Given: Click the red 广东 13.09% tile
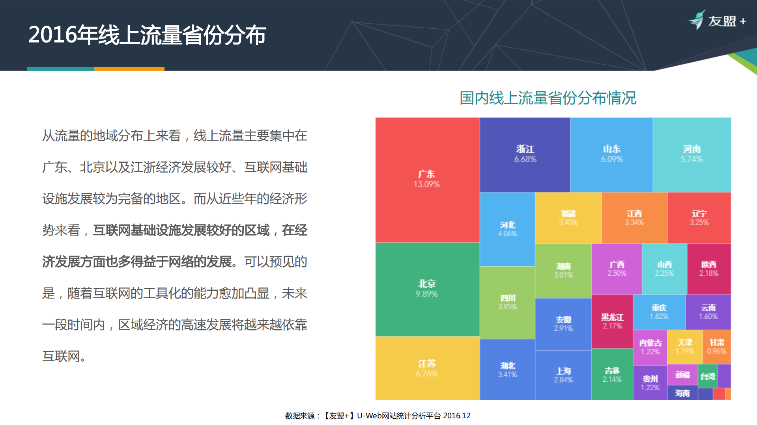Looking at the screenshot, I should click(x=427, y=180).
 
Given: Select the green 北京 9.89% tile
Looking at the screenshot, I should click(x=427, y=289).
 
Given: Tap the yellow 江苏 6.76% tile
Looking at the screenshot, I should click(x=427, y=368).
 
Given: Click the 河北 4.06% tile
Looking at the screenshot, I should click(x=507, y=229).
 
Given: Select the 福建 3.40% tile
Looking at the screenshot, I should click(x=568, y=218).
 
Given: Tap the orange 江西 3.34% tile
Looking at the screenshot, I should click(x=634, y=218).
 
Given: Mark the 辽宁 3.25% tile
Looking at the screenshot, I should click(x=699, y=218).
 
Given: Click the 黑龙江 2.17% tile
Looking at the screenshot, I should click(x=612, y=321).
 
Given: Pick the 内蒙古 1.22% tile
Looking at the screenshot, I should click(x=650, y=347).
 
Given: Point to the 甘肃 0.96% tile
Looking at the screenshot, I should click(x=716, y=347).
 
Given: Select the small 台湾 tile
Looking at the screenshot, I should click(x=708, y=376).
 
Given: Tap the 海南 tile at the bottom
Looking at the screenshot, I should click(x=682, y=393).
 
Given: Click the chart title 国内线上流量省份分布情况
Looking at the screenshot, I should click(x=548, y=98).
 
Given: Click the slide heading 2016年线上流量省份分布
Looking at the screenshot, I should click(x=147, y=35).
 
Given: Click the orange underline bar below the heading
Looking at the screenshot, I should click(x=129, y=69).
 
